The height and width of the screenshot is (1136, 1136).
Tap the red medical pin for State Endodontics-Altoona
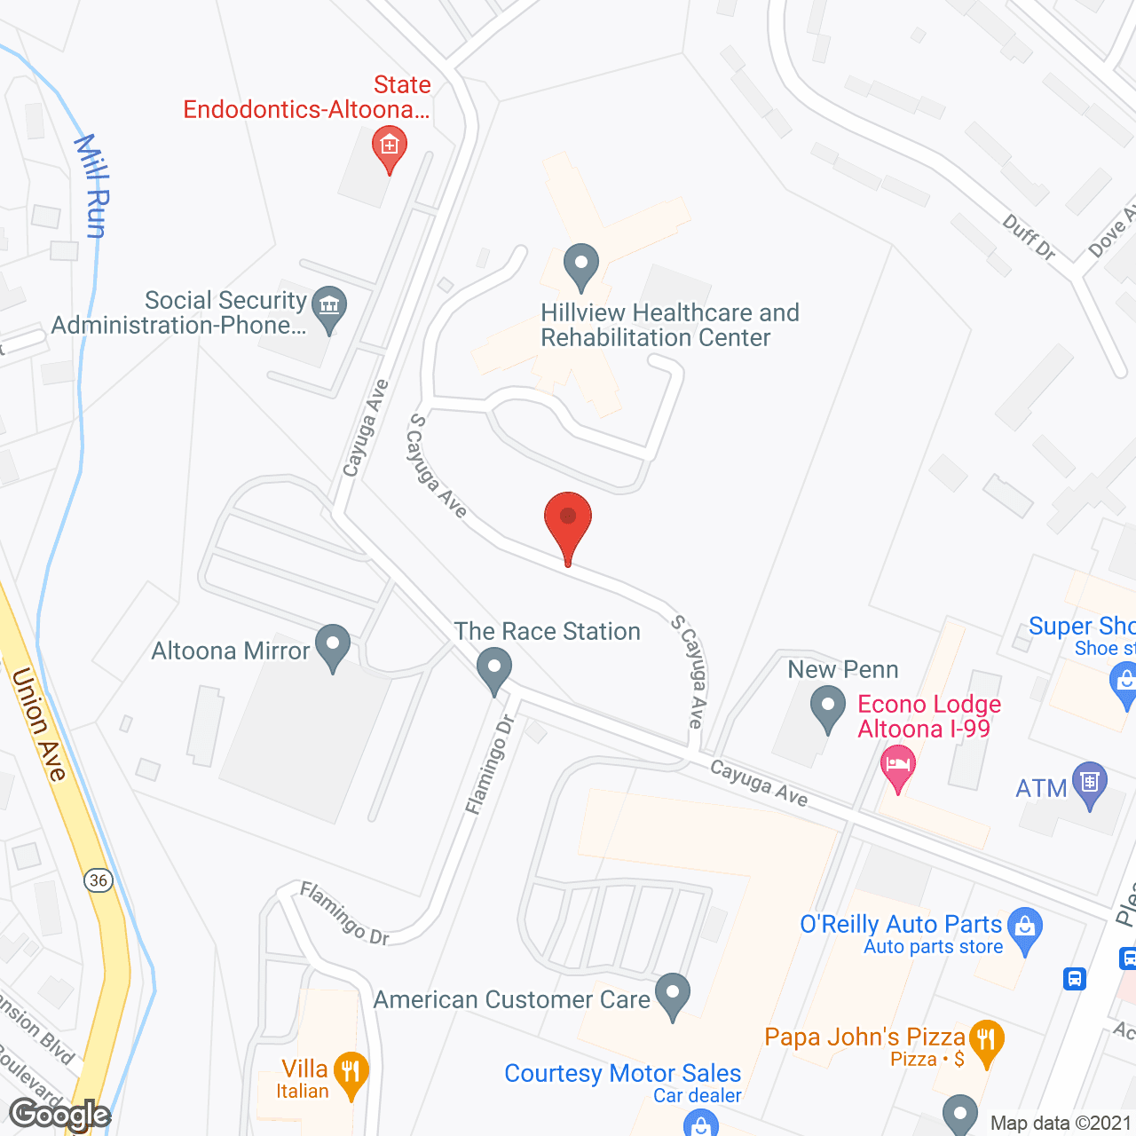[x=389, y=146]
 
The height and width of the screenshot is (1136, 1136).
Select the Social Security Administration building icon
[x=329, y=308]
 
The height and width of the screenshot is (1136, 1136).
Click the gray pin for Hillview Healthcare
[x=581, y=265]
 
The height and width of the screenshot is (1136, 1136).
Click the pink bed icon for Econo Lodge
[x=897, y=767]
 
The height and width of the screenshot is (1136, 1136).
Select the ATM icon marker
[x=1090, y=785]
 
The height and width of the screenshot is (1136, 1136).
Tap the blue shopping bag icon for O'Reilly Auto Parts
[x=1025, y=928]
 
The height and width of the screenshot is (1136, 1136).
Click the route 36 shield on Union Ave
[x=99, y=880]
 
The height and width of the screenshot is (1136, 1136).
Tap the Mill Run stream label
[x=91, y=186]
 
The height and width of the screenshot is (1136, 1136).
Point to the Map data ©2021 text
[x=1061, y=1123]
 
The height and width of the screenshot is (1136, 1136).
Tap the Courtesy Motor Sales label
[x=622, y=1073]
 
